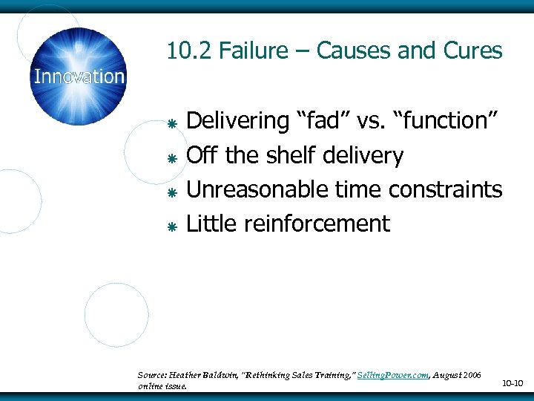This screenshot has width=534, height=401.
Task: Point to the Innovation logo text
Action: click(x=79, y=76)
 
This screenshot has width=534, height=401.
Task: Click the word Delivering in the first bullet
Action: click(x=238, y=121)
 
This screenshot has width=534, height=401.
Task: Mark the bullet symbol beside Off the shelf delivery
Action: click(x=170, y=158)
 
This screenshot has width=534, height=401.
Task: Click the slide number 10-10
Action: click(x=512, y=383)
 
